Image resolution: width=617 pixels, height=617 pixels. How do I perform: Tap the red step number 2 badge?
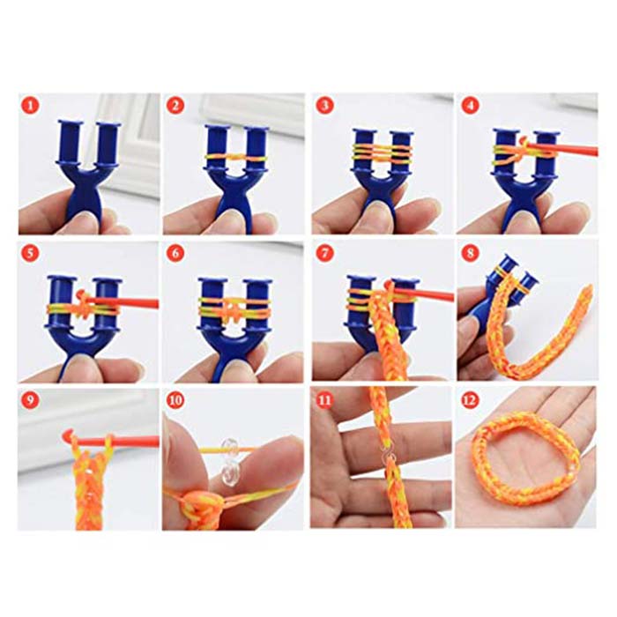pos(176,106)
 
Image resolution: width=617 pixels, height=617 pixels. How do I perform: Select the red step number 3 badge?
pos(324,106)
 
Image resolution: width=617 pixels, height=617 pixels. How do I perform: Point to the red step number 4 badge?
pos(470,106)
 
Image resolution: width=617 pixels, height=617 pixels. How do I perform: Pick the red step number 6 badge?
pos(176,253)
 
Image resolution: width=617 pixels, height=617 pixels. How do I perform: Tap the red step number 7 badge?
pos(324,253)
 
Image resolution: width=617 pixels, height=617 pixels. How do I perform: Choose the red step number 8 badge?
pos(470,253)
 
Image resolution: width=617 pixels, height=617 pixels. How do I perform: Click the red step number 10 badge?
pos(176,400)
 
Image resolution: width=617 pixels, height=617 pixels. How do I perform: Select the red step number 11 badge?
pos(324,400)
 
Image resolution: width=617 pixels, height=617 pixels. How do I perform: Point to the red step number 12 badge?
pos(470,400)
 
